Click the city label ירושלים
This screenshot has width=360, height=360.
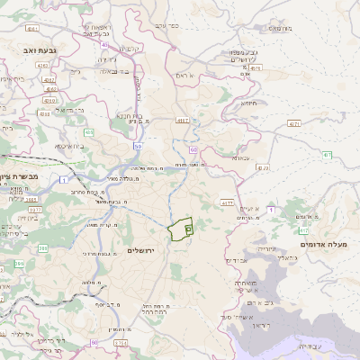coord(142,249)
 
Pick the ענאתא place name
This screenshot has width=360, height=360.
coord(240,157)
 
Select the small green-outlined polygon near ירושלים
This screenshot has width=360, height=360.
coord(183,229)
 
